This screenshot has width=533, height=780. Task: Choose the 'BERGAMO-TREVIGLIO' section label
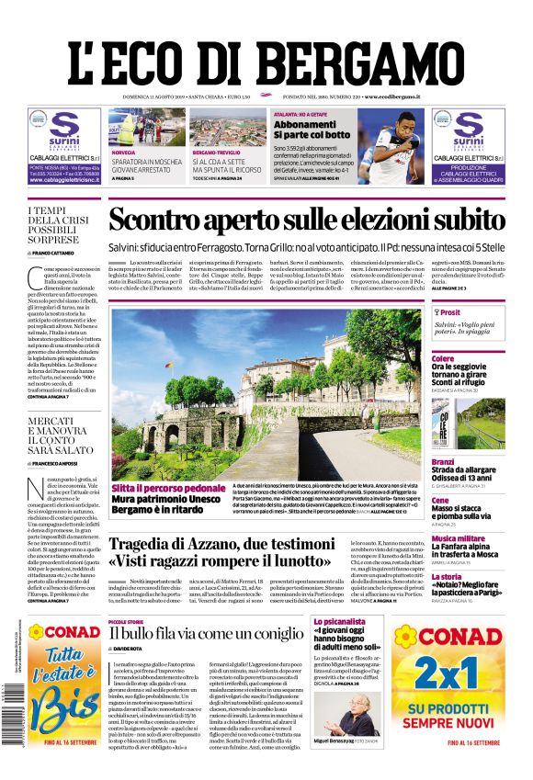coord(216,152)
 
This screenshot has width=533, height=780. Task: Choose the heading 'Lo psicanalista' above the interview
coord(334,622)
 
